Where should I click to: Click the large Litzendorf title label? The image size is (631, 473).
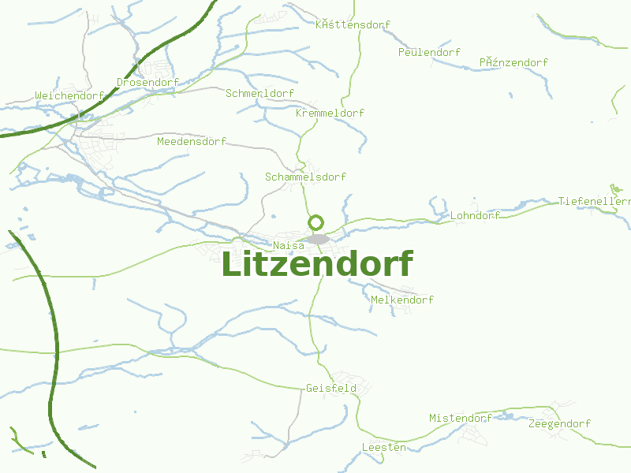[316, 264]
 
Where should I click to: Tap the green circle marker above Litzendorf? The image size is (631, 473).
[316, 222]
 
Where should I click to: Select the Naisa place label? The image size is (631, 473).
[289, 246]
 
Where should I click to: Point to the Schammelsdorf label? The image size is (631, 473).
[305, 177]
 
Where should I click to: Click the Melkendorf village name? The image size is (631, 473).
[401, 300]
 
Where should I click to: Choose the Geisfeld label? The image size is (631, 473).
[331, 388]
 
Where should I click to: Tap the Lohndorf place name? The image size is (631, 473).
[475, 215]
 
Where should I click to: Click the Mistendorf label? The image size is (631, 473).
[461, 418]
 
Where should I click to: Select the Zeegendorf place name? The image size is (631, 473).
[559, 423]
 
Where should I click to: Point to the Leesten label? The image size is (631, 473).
[383, 447]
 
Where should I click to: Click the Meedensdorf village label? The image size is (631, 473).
[192, 142]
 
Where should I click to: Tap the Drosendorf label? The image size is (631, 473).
[147, 82]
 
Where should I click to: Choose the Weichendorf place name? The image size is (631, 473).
[69, 96]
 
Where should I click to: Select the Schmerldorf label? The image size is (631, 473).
[259, 93]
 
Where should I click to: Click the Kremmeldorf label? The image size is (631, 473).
[330, 113]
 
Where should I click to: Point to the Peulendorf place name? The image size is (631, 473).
[429, 52]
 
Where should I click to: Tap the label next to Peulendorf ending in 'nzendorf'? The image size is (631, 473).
[513, 62]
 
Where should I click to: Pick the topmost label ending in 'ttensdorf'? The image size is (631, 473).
[353, 24]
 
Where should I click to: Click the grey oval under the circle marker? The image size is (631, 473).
[318, 239]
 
